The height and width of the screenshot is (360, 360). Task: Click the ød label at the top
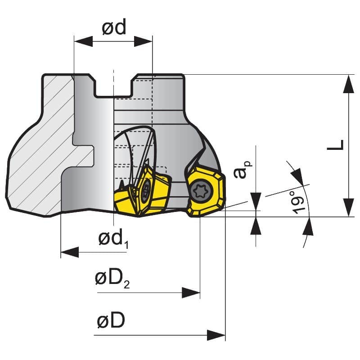(x=113, y=28)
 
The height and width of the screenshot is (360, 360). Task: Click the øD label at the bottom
(x=111, y=321)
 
